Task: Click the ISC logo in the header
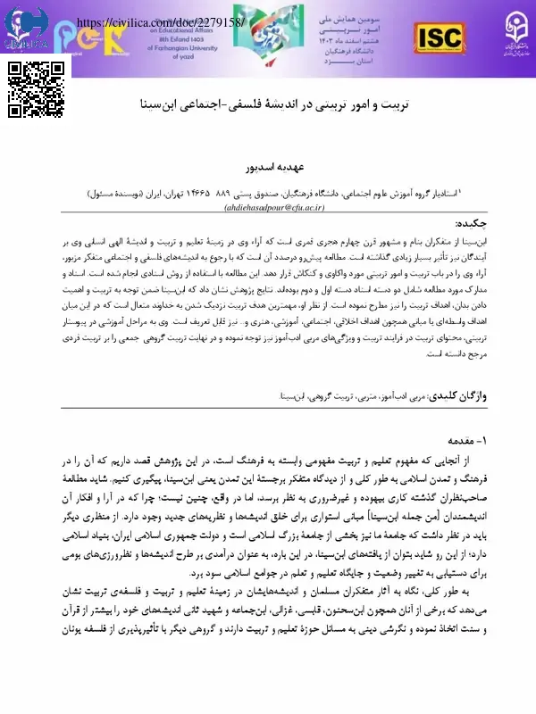(x=439, y=37)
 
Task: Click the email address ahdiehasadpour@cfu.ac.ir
(x=269, y=204)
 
